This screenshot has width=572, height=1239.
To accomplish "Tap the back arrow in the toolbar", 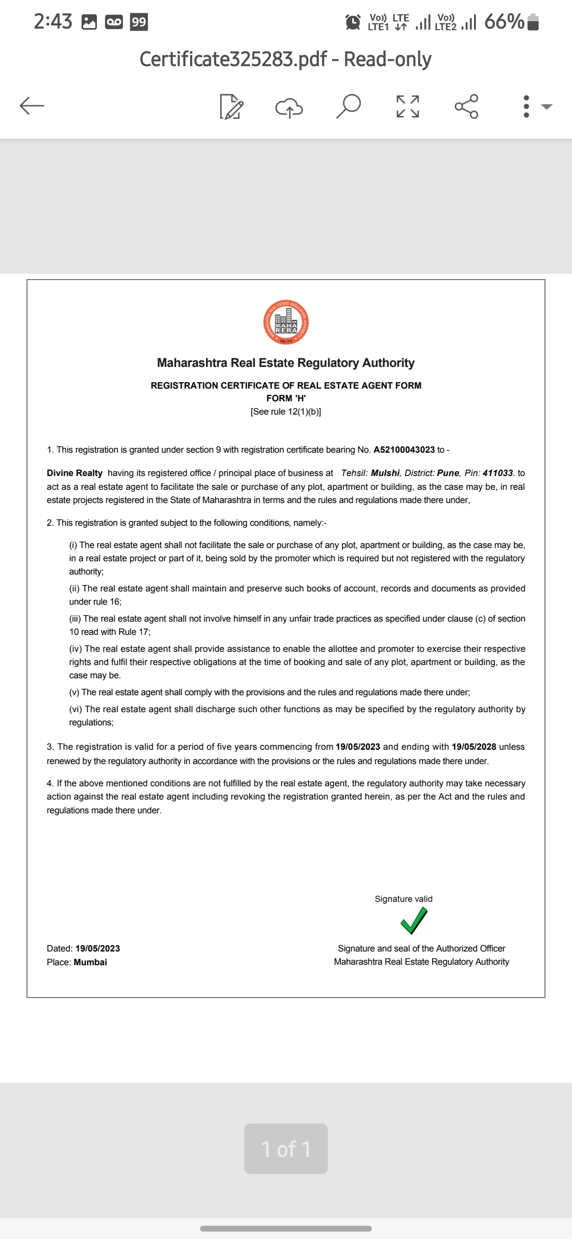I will click(x=32, y=106).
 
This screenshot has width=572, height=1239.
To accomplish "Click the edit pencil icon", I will click(x=231, y=106).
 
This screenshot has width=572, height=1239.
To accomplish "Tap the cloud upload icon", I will click(x=289, y=107).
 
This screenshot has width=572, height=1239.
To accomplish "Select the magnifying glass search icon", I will click(x=348, y=106).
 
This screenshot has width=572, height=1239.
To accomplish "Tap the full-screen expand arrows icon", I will click(x=408, y=106).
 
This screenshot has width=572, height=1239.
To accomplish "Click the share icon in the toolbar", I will click(x=467, y=106).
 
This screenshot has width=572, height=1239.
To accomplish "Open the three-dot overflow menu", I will click(x=526, y=106).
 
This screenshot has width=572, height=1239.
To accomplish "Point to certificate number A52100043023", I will click(x=404, y=450).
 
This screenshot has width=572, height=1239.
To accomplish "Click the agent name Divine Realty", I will click(x=75, y=473).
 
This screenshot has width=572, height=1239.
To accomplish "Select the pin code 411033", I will click(x=498, y=473).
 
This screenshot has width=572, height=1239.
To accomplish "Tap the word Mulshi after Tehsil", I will click(x=385, y=473).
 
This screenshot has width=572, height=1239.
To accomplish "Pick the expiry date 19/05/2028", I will click(x=474, y=747).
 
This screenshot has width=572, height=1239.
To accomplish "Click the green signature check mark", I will click(x=414, y=920).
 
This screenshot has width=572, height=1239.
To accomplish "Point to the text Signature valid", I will click(x=404, y=899).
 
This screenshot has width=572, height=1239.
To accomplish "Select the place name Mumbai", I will click(x=91, y=962).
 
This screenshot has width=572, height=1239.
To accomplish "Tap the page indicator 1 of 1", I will click(x=286, y=1149).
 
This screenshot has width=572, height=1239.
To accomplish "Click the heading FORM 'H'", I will click(x=286, y=398).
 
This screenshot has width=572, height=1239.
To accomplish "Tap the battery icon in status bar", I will click(x=534, y=22).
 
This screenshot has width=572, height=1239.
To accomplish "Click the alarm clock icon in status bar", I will click(x=353, y=22).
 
